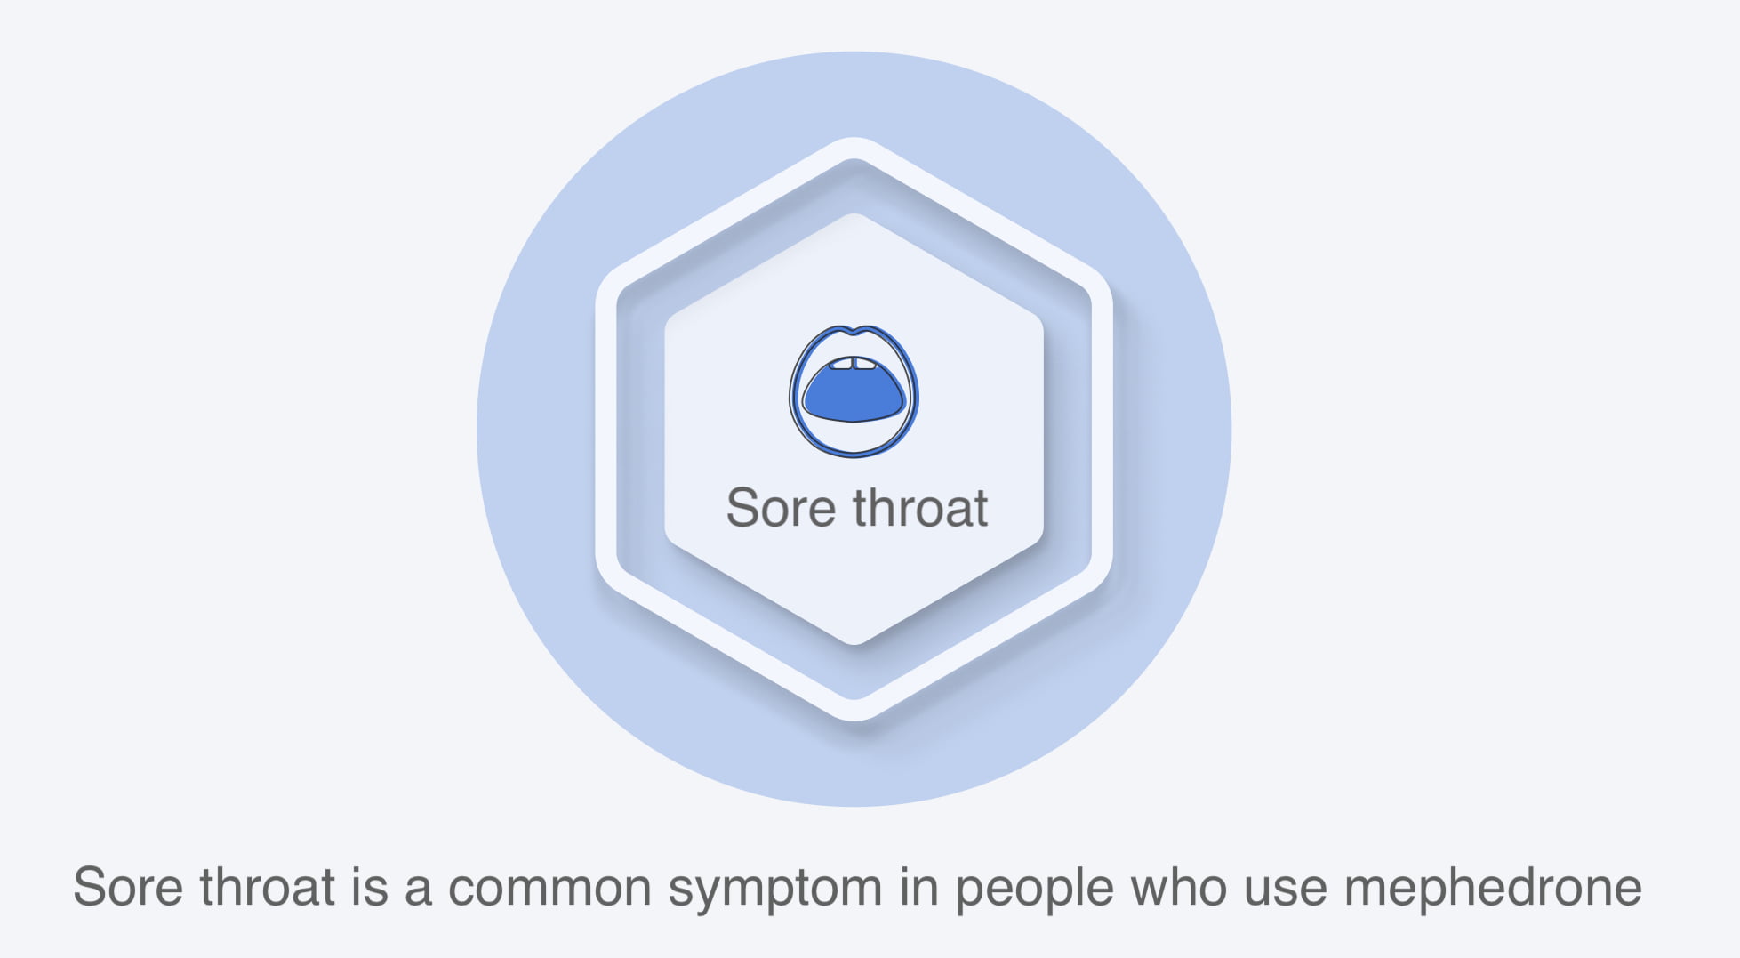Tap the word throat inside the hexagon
point(920,508)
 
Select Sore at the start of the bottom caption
point(129,887)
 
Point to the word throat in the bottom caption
point(268,887)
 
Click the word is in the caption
point(370,887)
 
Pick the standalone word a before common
point(418,890)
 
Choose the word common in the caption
point(549,890)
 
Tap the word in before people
point(919,887)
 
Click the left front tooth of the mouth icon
point(841,363)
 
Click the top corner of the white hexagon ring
point(854,140)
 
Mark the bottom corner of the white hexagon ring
point(854,719)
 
